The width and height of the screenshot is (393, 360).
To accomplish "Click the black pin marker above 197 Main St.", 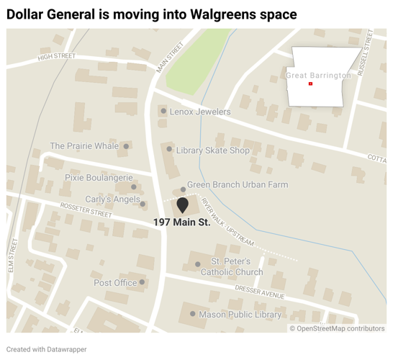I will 183,205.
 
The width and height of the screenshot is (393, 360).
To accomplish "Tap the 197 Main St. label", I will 182,223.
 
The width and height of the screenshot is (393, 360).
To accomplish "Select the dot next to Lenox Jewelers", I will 164,112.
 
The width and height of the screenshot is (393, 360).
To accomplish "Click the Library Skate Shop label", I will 213,150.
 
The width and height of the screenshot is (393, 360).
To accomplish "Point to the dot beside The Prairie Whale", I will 126,146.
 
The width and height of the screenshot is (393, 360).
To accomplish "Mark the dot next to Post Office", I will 143,283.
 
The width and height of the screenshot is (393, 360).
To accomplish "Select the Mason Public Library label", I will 241,315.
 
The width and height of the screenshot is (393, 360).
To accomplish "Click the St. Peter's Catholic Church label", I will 232,266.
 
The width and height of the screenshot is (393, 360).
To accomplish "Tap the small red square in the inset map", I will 310,84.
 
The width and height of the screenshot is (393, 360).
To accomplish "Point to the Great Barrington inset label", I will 319,76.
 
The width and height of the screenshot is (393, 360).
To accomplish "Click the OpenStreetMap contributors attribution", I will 337,328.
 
